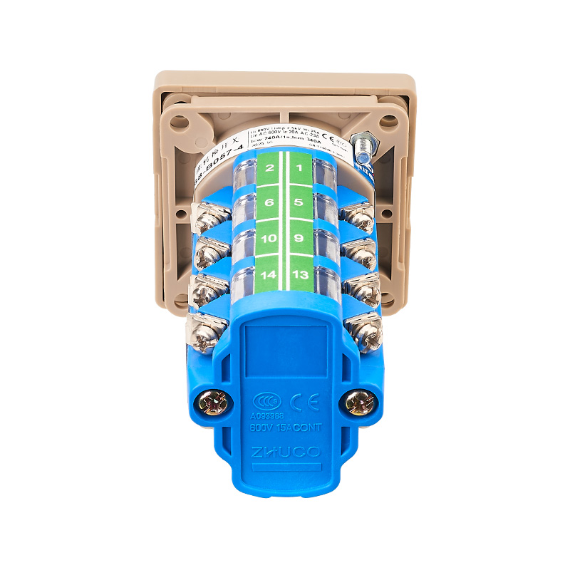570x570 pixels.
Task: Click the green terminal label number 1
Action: click(x=300, y=168)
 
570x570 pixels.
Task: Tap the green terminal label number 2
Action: click(x=269, y=168)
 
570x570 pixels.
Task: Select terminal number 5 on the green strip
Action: click(x=299, y=203)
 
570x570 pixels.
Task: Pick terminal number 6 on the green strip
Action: click(x=269, y=203)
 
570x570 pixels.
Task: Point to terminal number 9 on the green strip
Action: click(x=299, y=238)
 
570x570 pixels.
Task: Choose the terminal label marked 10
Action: click(x=269, y=238)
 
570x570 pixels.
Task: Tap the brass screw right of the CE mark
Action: click(x=359, y=404)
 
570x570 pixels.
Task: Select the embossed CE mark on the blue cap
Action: click(x=306, y=400)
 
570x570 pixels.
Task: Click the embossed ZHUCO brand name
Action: click(x=286, y=452)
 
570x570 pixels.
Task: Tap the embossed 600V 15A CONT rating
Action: click(x=286, y=427)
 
